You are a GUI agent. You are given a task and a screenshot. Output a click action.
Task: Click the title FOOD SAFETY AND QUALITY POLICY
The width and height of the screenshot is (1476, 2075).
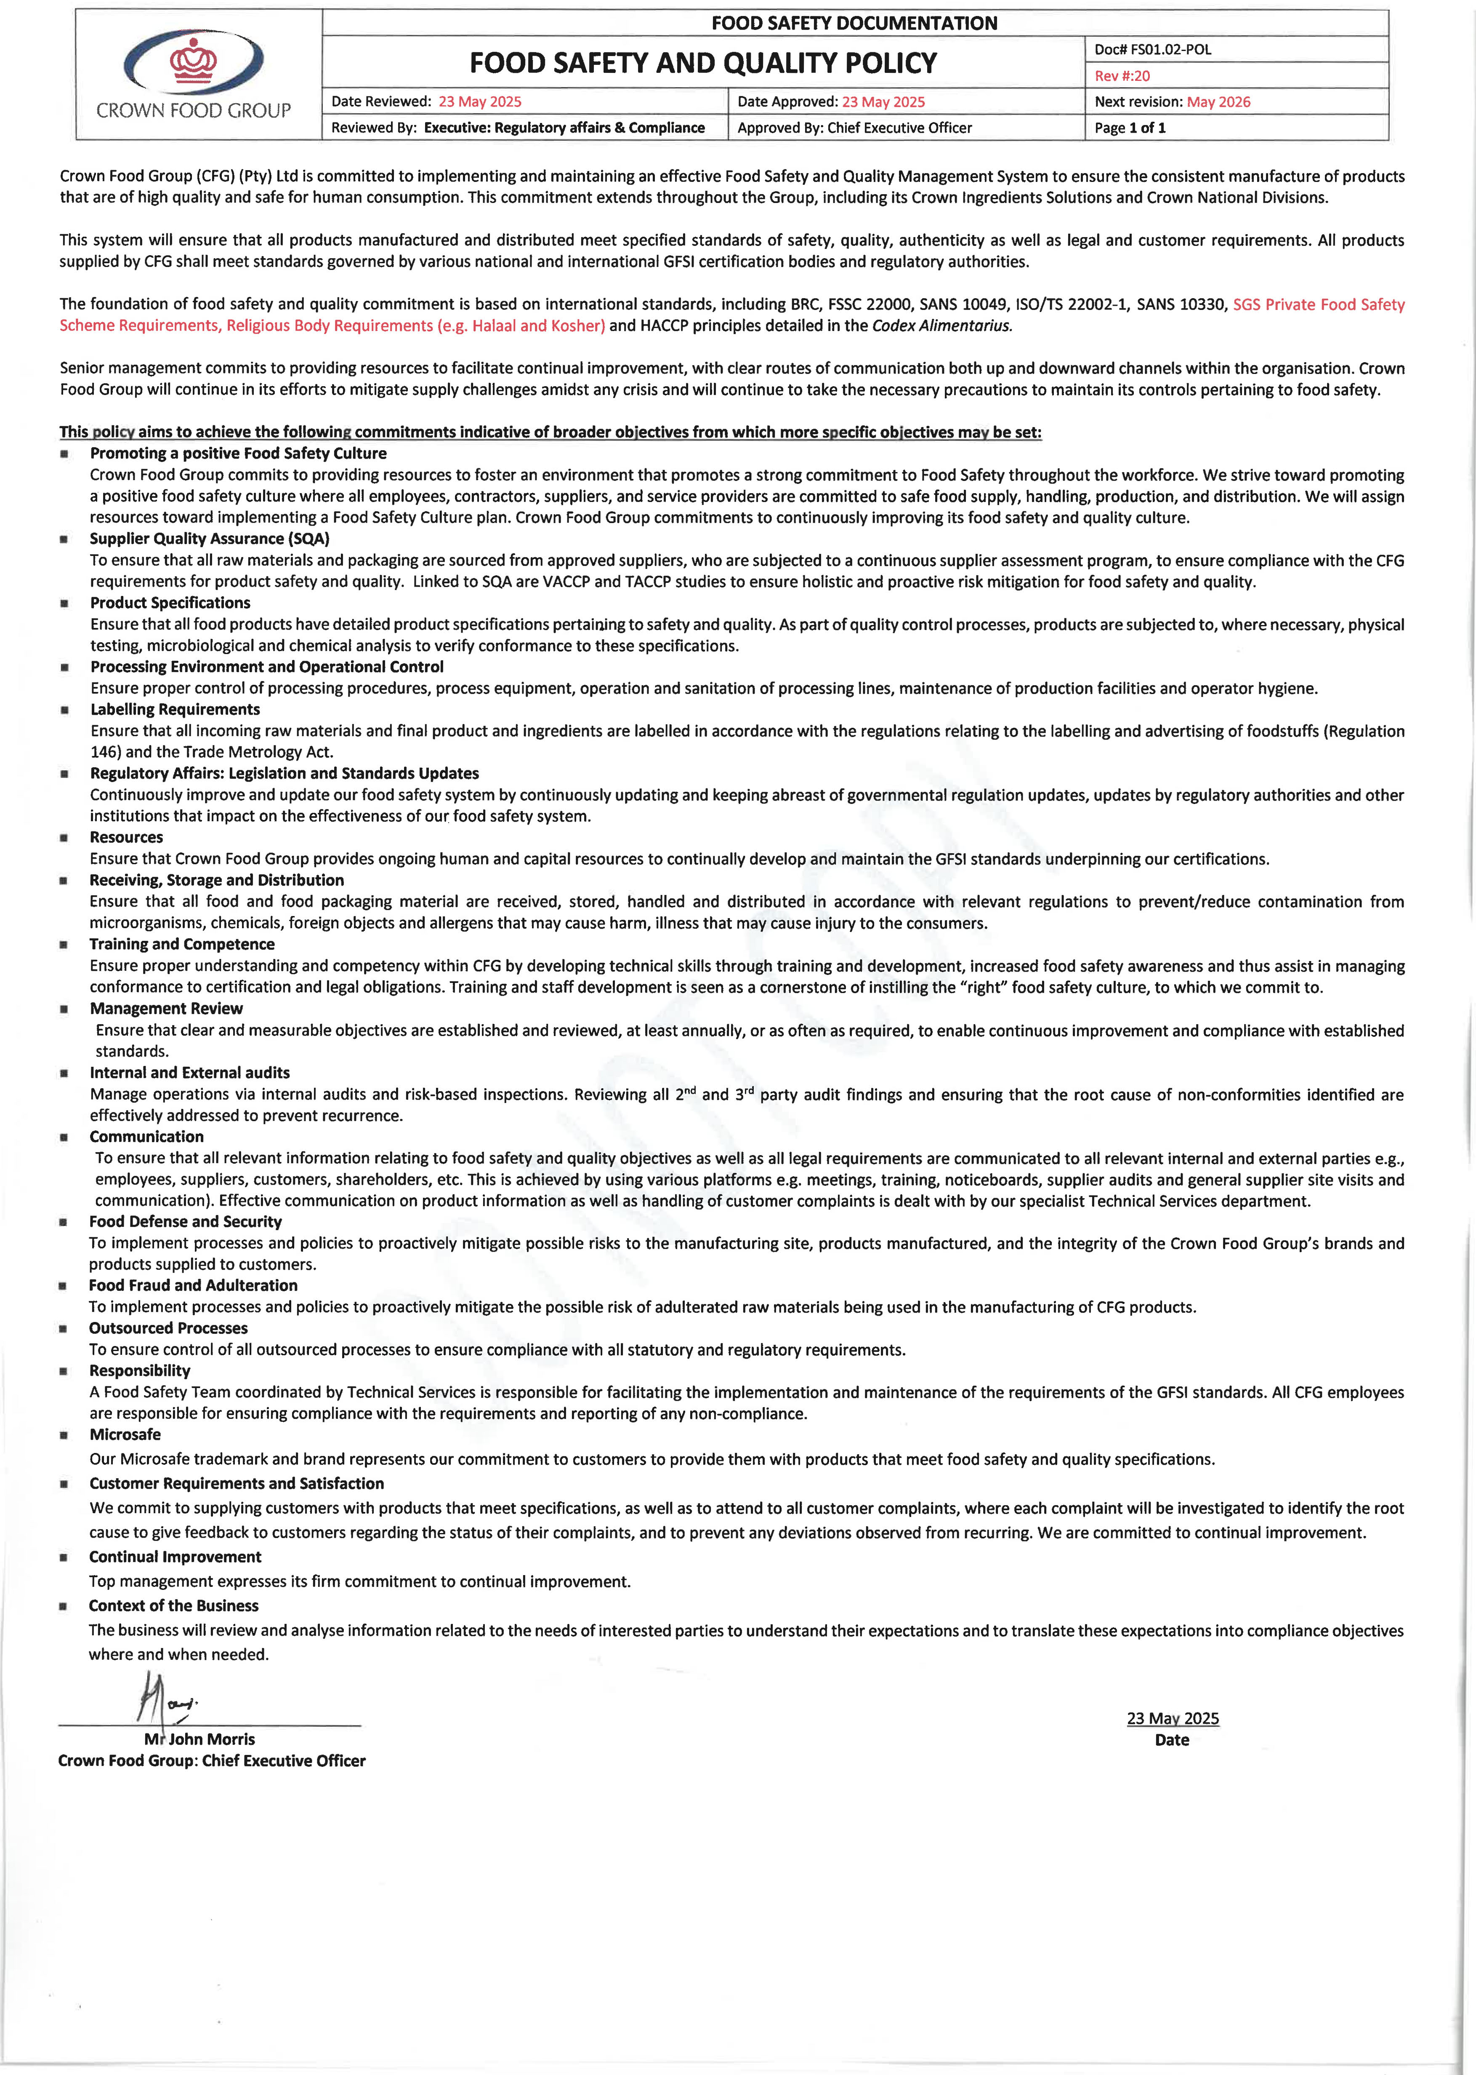coord(702,63)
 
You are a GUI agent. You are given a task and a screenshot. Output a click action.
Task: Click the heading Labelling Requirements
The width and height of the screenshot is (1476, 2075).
coord(175,709)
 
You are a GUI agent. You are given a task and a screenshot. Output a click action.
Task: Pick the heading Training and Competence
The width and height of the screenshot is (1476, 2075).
coord(182,944)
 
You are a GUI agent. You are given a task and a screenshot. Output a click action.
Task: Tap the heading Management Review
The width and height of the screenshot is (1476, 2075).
coord(166,1008)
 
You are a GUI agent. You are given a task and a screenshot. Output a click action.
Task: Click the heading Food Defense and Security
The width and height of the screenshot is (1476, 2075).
coord(186,1221)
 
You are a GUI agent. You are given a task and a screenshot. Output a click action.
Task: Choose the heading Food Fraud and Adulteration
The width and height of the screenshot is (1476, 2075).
coord(193,1285)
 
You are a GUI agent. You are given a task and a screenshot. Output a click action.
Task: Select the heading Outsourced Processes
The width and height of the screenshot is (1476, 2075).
coord(168,1327)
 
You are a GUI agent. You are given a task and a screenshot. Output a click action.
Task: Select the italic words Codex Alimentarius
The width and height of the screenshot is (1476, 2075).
coord(941,326)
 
